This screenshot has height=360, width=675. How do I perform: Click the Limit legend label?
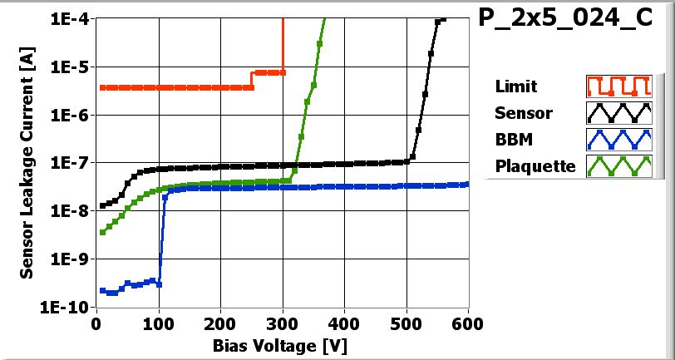(x=515, y=86)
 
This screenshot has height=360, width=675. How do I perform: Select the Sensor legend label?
(x=523, y=112)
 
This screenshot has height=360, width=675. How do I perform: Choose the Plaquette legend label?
(x=535, y=165)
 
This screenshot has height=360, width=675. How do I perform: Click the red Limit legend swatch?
(x=617, y=86)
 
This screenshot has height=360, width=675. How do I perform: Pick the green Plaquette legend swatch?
(x=617, y=165)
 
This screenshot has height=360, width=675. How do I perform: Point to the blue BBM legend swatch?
(x=617, y=139)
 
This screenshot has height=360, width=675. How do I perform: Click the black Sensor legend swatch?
(x=617, y=112)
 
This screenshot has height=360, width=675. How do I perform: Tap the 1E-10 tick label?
(x=67, y=307)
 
